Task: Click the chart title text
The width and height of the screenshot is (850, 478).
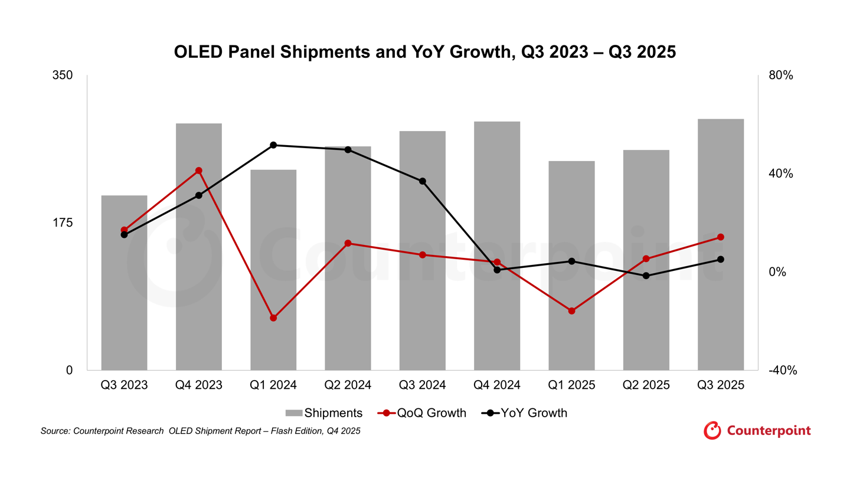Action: [424, 52]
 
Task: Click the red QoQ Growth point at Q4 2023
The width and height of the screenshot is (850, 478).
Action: [198, 171]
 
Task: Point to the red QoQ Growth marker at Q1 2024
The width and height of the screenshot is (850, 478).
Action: [273, 318]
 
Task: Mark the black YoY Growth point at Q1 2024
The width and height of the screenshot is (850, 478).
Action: [273, 145]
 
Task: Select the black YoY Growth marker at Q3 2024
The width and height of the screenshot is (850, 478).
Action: [422, 181]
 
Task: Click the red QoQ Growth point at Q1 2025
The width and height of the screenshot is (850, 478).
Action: [571, 311]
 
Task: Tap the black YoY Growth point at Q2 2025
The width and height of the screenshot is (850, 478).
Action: [646, 276]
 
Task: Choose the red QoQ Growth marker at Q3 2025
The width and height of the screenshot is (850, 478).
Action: [720, 237]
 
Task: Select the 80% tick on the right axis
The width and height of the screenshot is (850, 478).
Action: [782, 76]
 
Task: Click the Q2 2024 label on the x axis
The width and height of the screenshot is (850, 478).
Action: [348, 385]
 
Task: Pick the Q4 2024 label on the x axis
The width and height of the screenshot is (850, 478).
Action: [497, 385]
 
